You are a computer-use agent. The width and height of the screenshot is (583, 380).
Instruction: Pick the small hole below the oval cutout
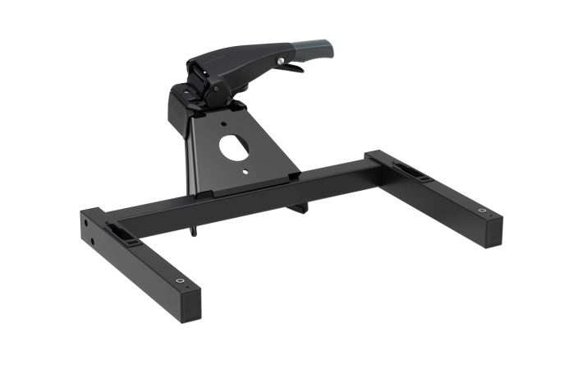click(248, 169)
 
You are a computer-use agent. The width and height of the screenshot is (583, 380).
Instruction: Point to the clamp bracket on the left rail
click(121, 231)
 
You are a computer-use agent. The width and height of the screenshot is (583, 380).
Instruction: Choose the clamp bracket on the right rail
click(409, 171)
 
